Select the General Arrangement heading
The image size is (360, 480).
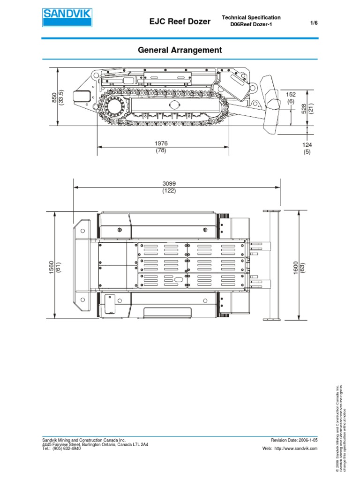[180, 50]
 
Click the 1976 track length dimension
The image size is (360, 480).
[161, 143]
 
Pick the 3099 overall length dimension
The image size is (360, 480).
[169, 184]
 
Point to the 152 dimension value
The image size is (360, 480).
[291, 95]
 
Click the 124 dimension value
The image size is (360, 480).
[307, 145]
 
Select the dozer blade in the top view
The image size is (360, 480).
[272, 265]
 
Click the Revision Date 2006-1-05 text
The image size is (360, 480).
[294, 440]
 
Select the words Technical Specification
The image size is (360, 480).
[252, 17]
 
